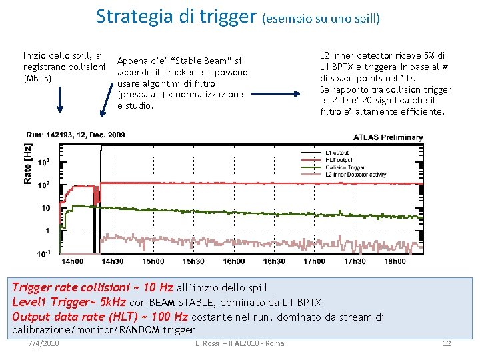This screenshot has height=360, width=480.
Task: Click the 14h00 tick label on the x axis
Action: (73, 261)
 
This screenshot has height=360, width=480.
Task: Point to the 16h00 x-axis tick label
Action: (234, 261)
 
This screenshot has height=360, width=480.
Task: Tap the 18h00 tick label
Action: (395, 261)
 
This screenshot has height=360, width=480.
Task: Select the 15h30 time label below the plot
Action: (194, 261)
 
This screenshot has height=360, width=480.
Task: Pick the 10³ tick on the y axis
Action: (44, 162)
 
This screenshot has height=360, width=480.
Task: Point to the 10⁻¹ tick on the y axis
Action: (44, 253)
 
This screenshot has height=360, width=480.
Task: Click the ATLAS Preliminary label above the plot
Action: (388, 137)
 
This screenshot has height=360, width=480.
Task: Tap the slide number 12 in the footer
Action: (447, 343)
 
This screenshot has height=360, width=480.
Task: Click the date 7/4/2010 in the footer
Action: (45, 343)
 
